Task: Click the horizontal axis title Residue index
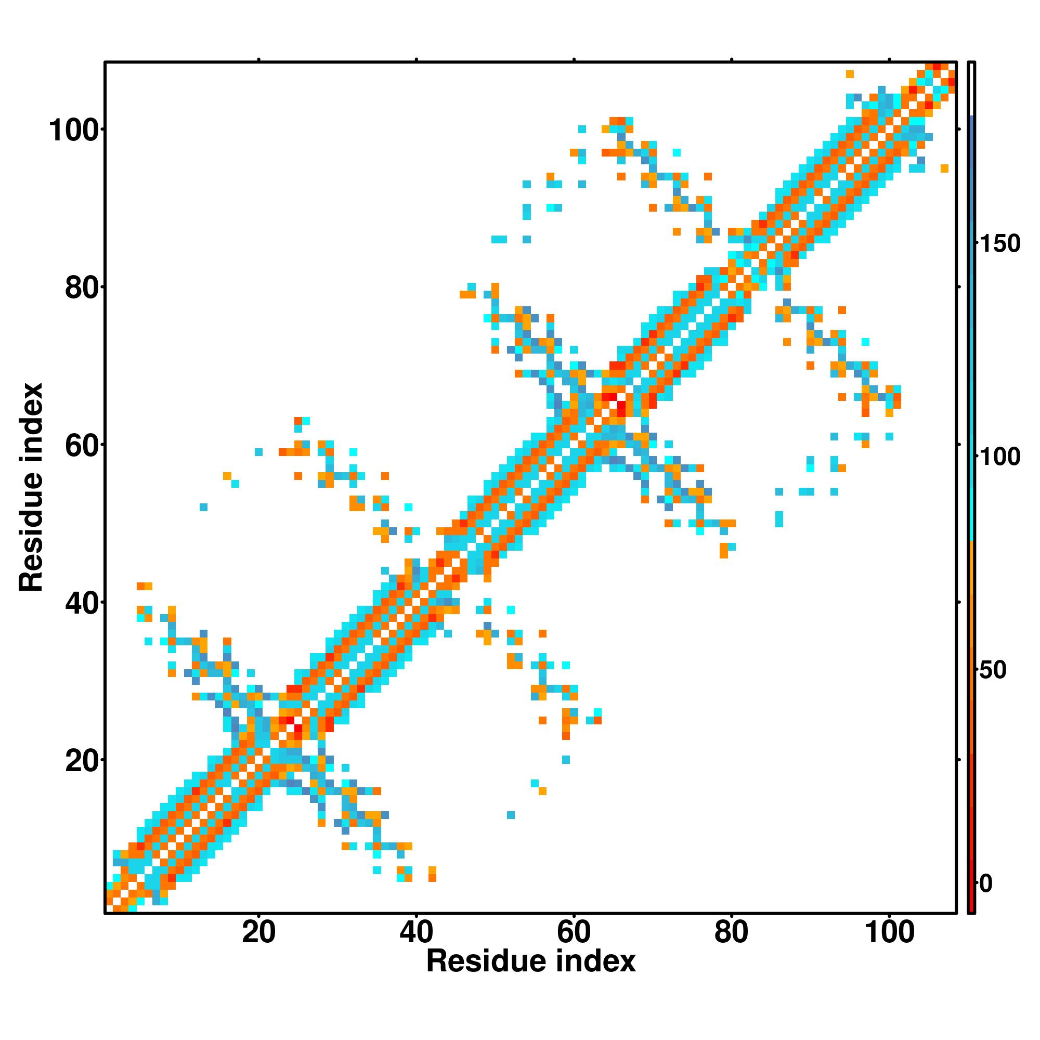tap(531, 961)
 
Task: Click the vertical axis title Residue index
tap(31, 487)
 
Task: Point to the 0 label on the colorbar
tap(985, 884)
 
